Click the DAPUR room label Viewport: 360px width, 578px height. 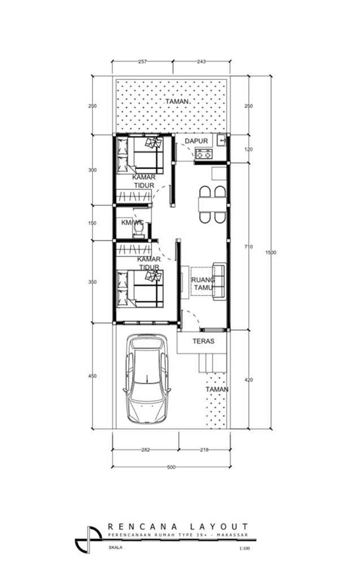196,141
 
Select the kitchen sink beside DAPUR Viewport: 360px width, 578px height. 221,140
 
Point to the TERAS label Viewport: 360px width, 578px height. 203,341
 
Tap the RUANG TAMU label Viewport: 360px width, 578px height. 203,283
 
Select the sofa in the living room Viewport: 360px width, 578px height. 220,282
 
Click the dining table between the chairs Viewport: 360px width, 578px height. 212,205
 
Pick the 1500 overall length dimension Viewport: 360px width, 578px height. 271,252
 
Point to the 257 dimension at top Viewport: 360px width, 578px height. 142,62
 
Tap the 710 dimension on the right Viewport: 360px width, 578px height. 249,247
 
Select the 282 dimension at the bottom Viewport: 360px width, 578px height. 146,450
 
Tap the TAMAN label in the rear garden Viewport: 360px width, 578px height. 177,101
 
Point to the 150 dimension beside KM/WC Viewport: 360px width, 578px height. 92,223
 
